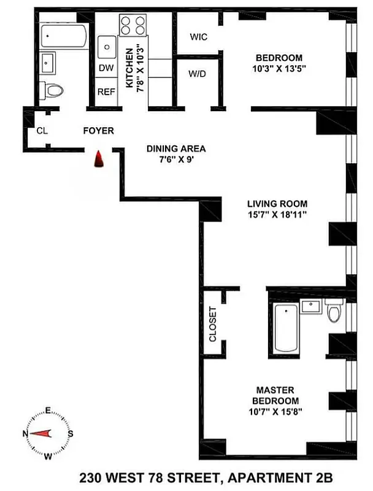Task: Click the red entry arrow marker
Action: [x=97, y=160]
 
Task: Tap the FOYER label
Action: [x=99, y=131]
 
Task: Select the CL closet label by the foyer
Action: [x=42, y=130]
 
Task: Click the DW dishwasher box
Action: [x=106, y=68]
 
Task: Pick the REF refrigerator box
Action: [x=106, y=92]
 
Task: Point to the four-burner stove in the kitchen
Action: [x=134, y=26]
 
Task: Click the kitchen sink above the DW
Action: [x=106, y=45]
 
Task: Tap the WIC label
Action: [x=198, y=37]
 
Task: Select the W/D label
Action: [x=197, y=74]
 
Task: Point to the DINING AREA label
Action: [x=175, y=149]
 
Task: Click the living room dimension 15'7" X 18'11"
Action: [x=277, y=214]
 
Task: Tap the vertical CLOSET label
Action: [x=213, y=324]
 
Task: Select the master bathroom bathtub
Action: [x=284, y=330]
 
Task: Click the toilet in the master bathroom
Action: [x=334, y=312]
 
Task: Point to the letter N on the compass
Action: [x=25, y=434]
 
